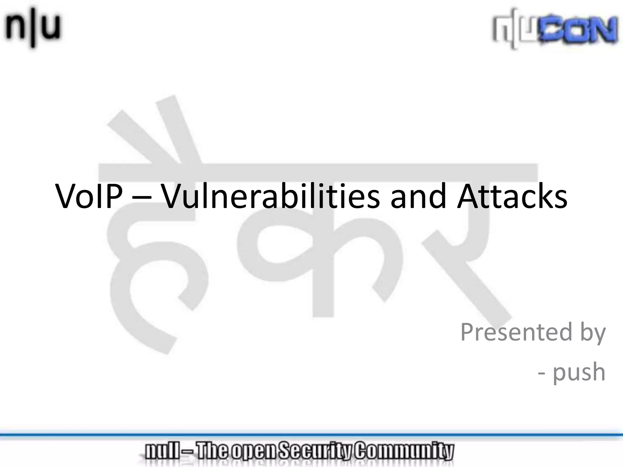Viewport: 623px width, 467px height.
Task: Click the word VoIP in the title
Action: tap(89, 196)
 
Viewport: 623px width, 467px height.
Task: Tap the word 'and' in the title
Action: tap(418, 196)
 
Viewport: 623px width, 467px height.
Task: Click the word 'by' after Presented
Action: tap(593, 333)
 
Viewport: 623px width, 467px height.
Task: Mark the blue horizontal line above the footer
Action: tap(311, 435)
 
